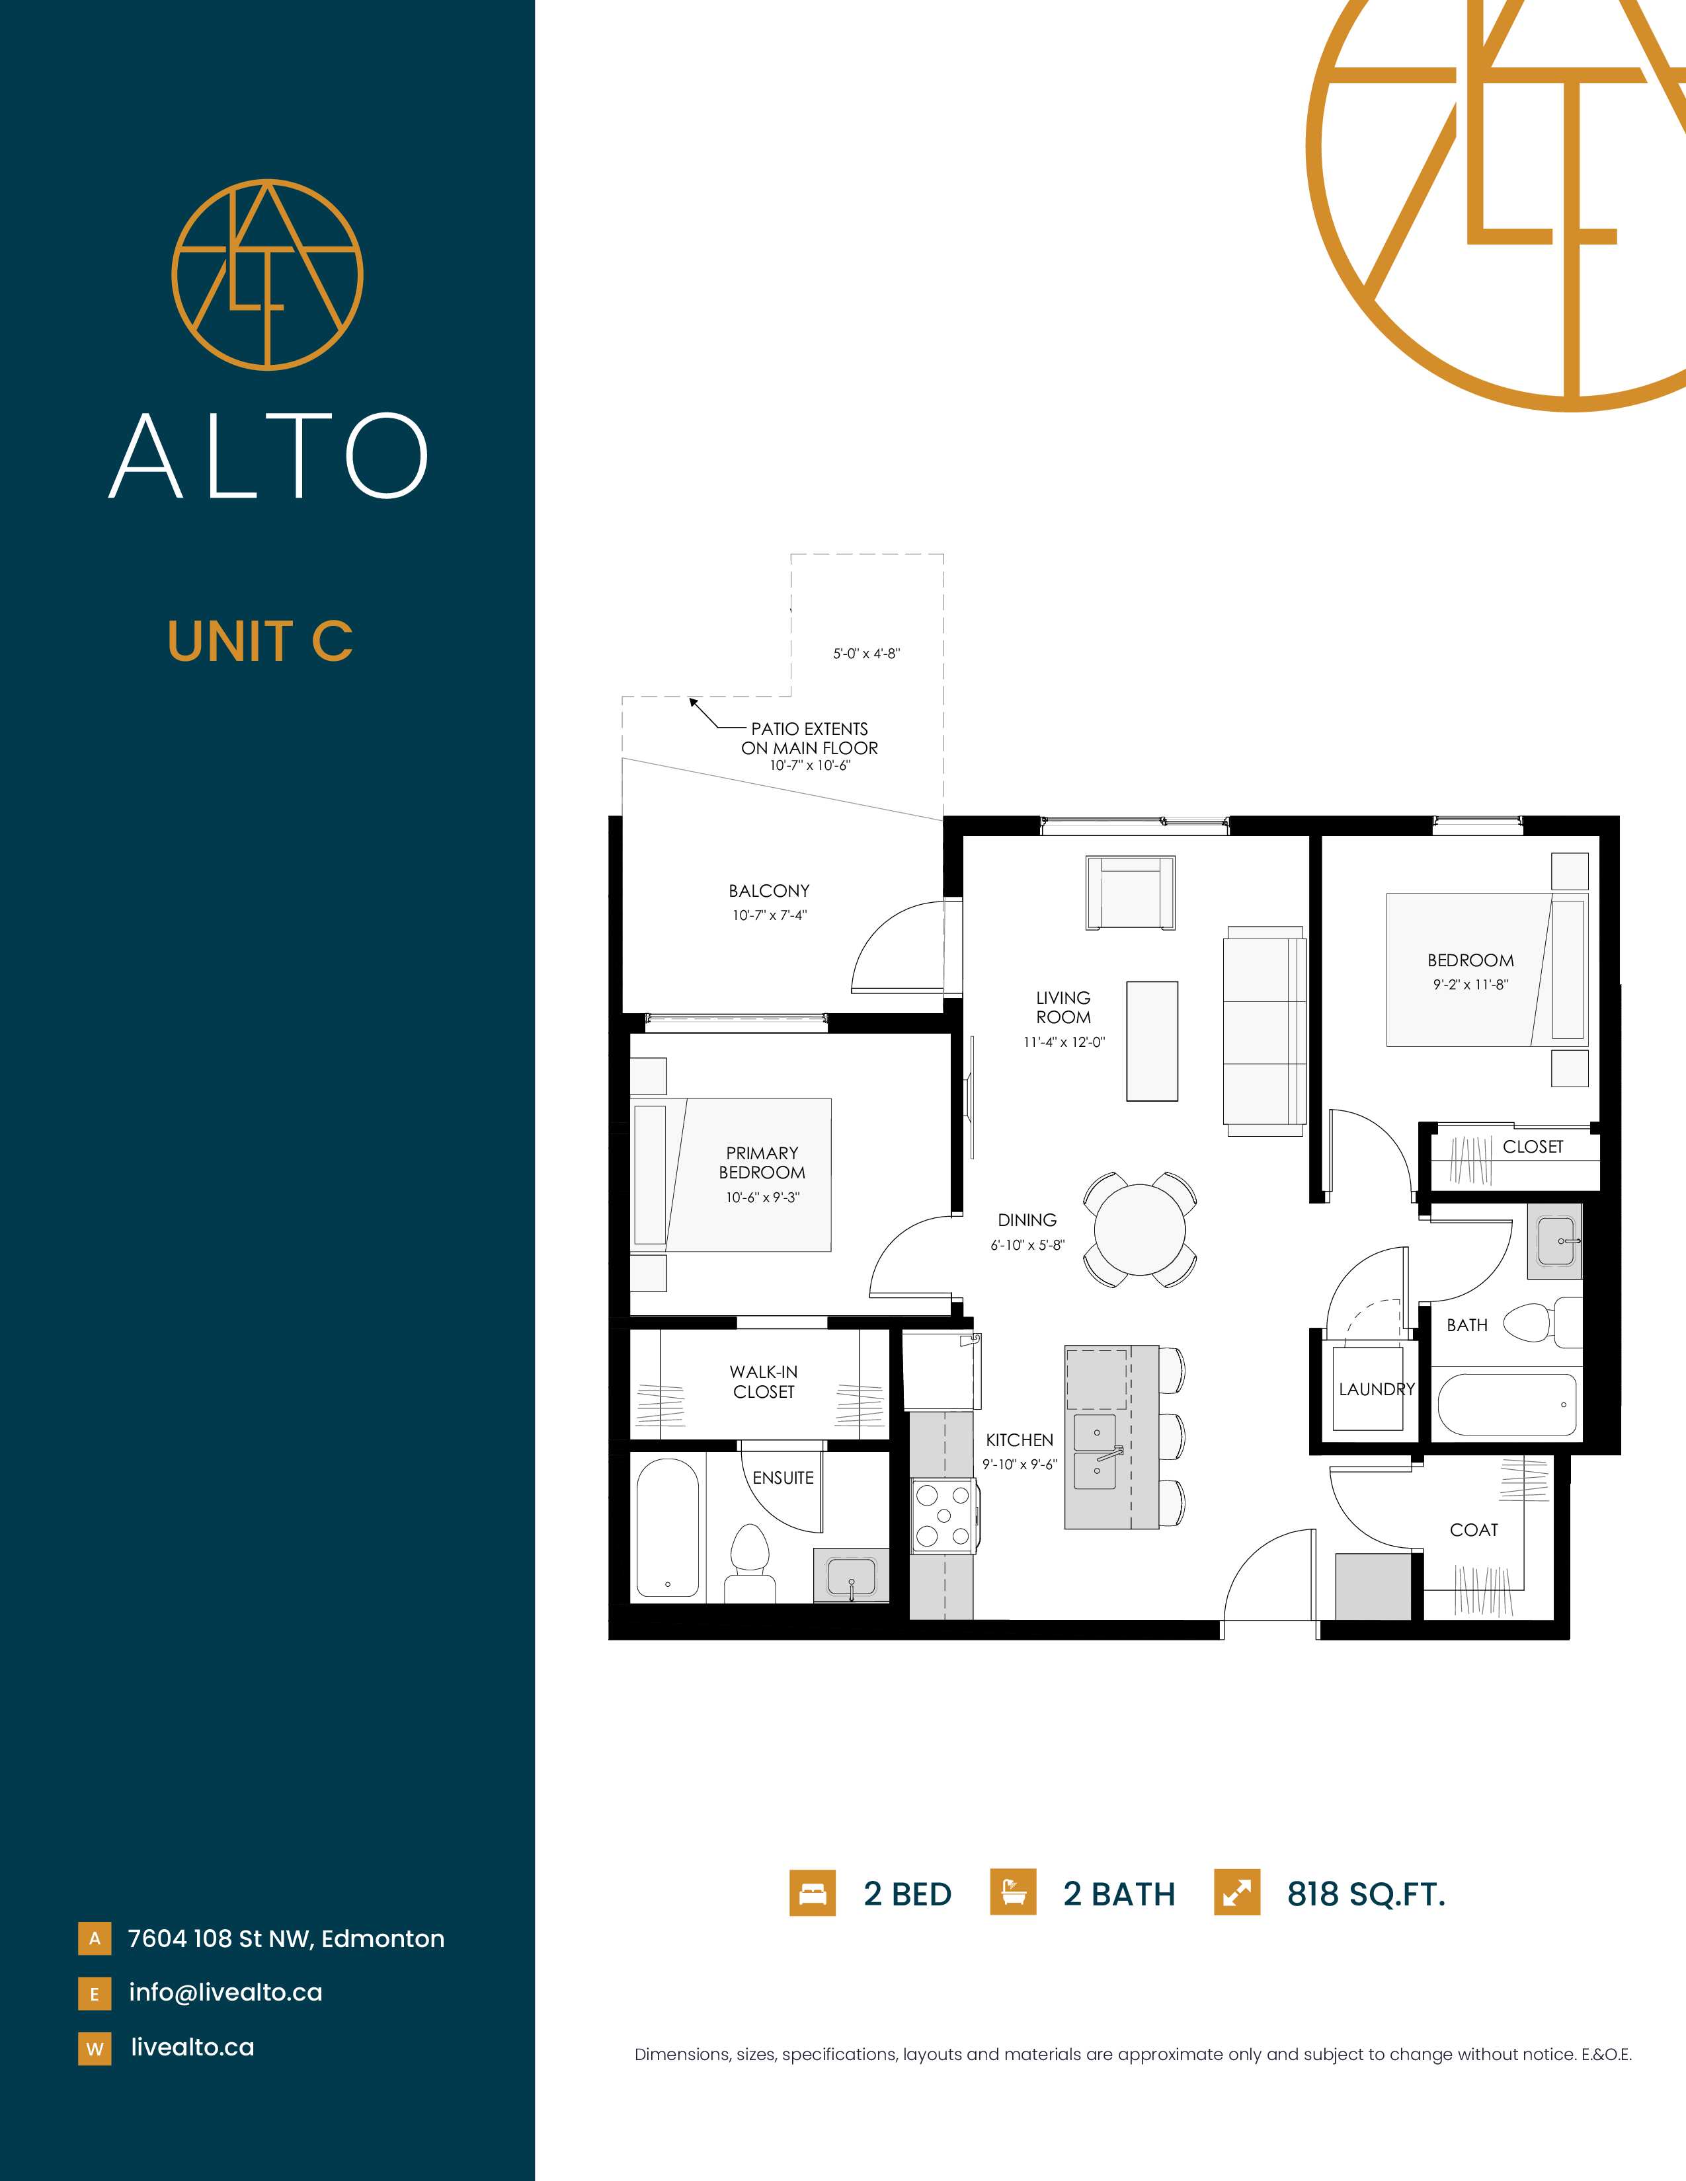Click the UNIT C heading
(261, 641)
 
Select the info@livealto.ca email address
(225, 1992)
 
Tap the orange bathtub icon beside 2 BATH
(1013, 1894)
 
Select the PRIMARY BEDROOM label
(762, 1163)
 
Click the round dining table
(1140, 1229)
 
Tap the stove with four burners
(943, 1516)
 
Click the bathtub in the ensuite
(667, 1529)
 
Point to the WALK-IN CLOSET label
(764, 1382)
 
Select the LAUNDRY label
(1377, 1389)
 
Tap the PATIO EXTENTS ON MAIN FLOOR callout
(809, 739)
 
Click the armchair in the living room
(1131, 893)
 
